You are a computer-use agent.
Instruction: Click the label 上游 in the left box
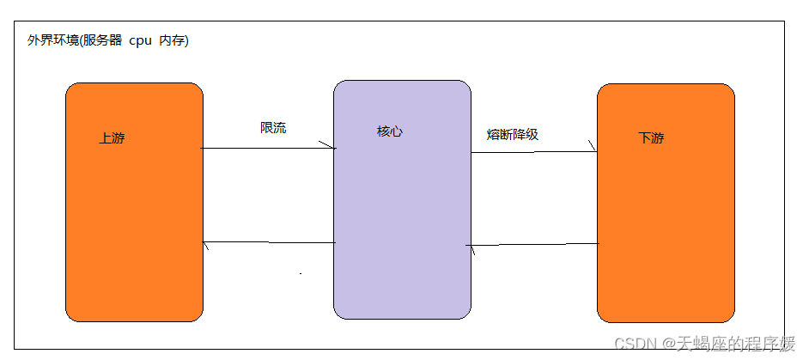pyautogui.click(x=112, y=138)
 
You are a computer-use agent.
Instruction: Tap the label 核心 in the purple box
pyautogui.click(x=389, y=131)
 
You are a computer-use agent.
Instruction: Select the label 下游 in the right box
pyautogui.click(x=651, y=138)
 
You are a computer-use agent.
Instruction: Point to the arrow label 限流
pyautogui.click(x=273, y=128)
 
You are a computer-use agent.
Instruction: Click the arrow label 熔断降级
pyautogui.click(x=512, y=134)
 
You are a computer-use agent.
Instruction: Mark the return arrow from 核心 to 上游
pyautogui.click(x=268, y=243)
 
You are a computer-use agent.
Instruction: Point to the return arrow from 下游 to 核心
pyautogui.click(x=532, y=245)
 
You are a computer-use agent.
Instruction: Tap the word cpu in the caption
pyautogui.click(x=140, y=41)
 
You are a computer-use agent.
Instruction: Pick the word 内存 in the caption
pyautogui.click(x=171, y=41)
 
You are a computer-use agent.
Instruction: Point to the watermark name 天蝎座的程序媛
pyautogui.click(x=731, y=344)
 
